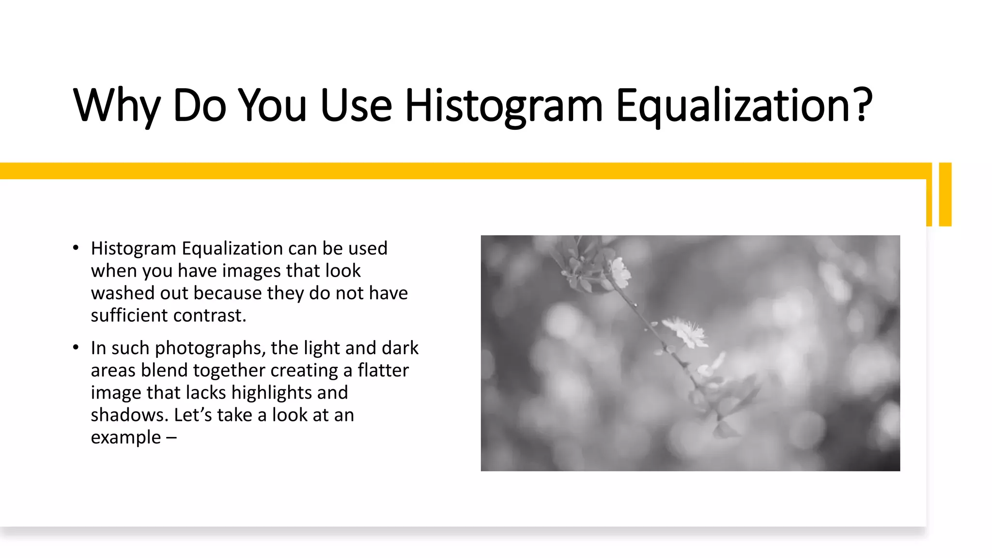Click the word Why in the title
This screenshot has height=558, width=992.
(x=116, y=105)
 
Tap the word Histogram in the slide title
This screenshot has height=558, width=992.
(x=504, y=105)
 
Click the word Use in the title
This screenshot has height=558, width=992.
(x=356, y=105)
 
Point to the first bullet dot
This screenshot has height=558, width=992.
(x=76, y=248)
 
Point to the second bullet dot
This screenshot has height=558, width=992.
(x=76, y=347)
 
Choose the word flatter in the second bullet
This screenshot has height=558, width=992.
(x=383, y=370)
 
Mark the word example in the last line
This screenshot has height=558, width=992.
(x=126, y=437)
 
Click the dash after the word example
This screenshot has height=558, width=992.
(x=171, y=437)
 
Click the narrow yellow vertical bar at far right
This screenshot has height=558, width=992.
(x=945, y=194)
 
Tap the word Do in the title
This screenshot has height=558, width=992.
(x=199, y=105)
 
